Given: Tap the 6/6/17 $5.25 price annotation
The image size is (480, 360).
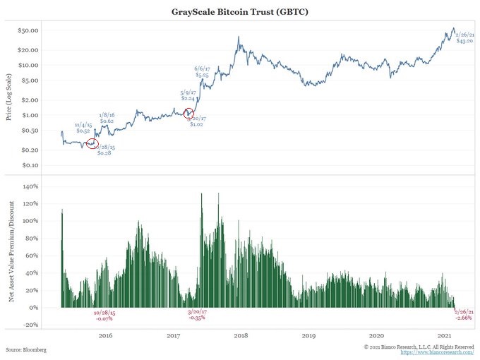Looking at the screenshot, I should click(202, 71).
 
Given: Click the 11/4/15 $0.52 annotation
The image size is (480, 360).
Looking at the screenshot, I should click(83, 128).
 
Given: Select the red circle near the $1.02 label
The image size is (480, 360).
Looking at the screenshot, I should click(188, 114).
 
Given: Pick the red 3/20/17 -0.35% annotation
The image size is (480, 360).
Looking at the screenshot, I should click(197, 315).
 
